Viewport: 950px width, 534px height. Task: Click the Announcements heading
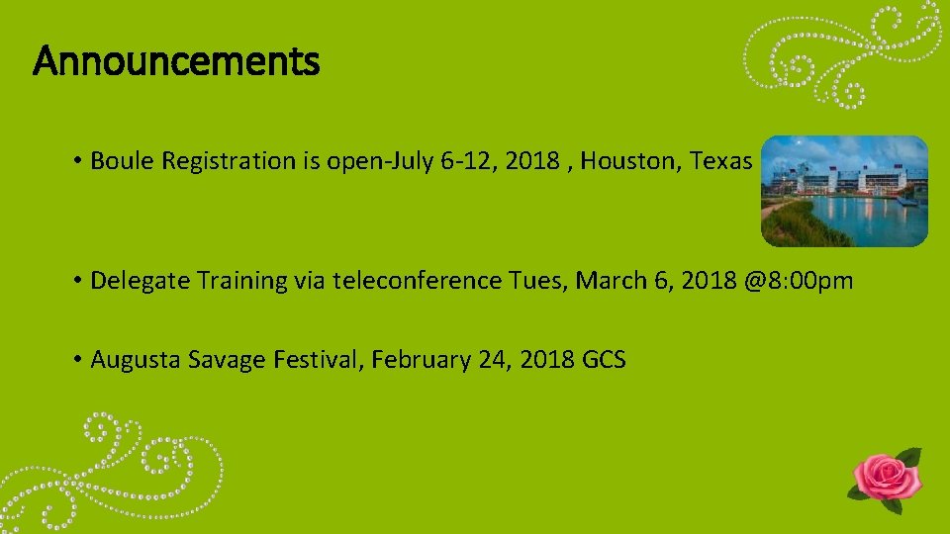pos(176,62)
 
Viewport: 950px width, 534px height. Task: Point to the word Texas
pos(720,161)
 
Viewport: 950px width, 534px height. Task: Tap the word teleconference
pos(418,281)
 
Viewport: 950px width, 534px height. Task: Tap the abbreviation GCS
pos(604,359)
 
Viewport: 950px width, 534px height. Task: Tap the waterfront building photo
pos(844,191)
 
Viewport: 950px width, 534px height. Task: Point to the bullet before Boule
pos(76,161)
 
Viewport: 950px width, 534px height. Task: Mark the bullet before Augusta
pos(76,359)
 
